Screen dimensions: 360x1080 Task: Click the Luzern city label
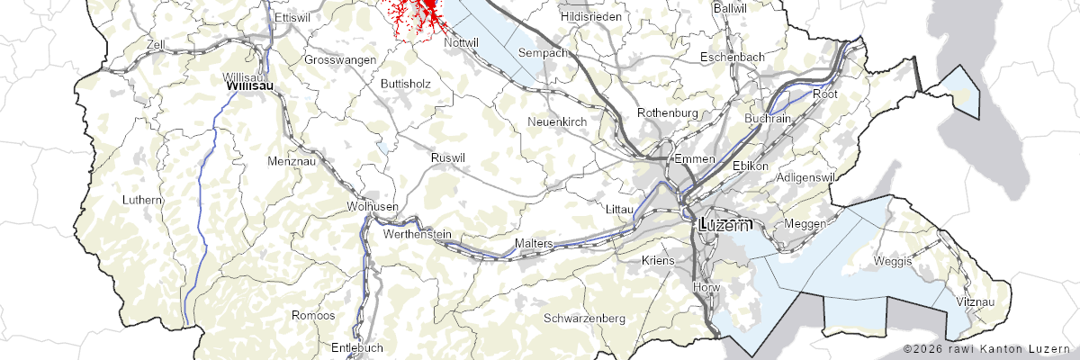pos(724,226)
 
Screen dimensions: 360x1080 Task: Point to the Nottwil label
pos(461,42)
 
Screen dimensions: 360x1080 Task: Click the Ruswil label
pos(448,158)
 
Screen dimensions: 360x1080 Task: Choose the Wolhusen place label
pos(372,207)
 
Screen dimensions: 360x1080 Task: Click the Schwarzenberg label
pos(584,319)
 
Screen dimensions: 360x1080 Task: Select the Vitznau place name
pos(976,302)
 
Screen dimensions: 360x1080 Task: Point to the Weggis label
pos(893,261)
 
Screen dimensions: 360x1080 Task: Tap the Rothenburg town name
pos(668,112)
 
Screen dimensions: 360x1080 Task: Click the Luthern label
pos(142,200)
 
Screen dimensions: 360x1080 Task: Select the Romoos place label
pos(313,316)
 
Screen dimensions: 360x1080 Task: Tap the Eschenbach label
pos(733,58)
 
